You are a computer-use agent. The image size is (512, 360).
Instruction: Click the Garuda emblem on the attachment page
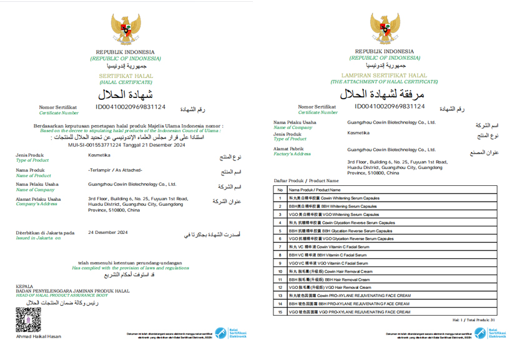[385, 29]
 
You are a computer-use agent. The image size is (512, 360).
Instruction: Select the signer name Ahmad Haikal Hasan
[39, 336]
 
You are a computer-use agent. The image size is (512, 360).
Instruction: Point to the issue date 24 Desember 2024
[108, 232]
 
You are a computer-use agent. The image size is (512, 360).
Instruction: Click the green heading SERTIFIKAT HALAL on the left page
[125, 75]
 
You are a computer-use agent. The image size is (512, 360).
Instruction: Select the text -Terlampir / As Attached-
[116, 170]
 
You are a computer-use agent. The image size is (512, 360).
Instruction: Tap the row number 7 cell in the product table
[280, 247]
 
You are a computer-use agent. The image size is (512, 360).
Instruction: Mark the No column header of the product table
[280, 190]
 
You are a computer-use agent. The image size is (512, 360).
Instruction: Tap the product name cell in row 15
[350, 311]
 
